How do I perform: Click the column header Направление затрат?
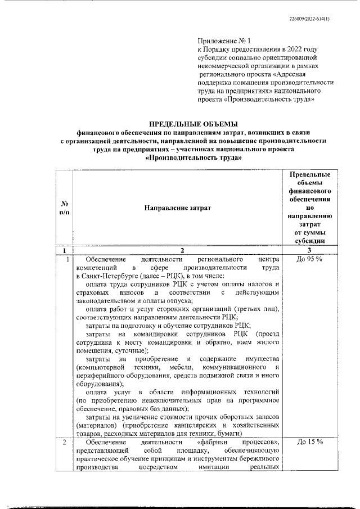click(x=177, y=208)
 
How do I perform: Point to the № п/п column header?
click(x=64, y=208)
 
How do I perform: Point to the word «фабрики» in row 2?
click(x=209, y=442)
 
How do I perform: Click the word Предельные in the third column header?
click(x=309, y=174)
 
